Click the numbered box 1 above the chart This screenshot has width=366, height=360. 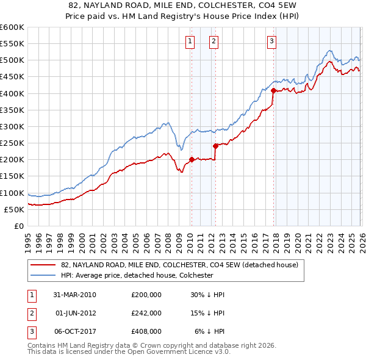pyautogui.click(x=190, y=41)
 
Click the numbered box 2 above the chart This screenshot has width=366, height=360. pyautogui.click(x=214, y=41)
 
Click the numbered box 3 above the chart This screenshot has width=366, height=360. pyautogui.click(x=271, y=41)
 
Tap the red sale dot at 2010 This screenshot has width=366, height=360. pyautogui.click(x=192, y=160)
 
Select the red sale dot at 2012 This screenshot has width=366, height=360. pyautogui.click(x=215, y=146)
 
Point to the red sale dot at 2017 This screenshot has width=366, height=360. pyautogui.click(x=273, y=91)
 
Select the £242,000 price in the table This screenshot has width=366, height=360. pyautogui.click(x=146, y=313)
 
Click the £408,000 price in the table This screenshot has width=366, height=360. pyautogui.click(x=146, y=331)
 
